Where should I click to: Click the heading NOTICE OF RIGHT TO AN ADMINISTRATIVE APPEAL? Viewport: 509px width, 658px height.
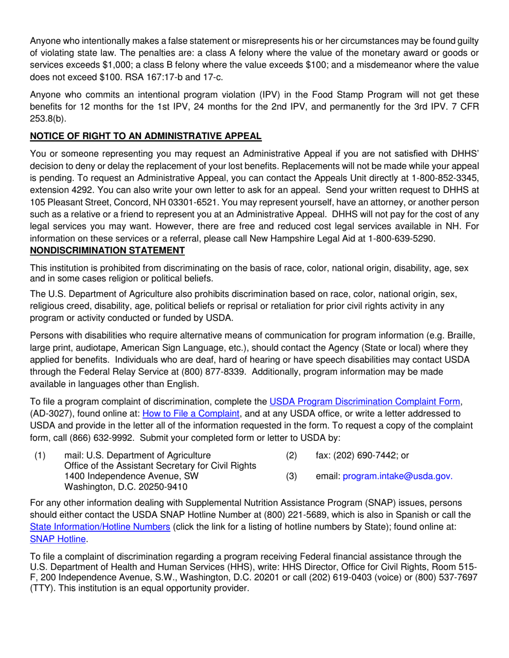click(146, 136)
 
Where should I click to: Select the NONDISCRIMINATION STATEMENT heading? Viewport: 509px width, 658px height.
click(107, 250)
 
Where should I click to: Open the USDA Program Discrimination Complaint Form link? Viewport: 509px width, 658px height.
click(364, 401)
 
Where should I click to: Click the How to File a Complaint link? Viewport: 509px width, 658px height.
click(191, 413)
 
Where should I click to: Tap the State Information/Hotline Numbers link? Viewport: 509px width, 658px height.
click(100, 526)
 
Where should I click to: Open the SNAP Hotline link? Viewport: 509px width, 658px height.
click(58, 539)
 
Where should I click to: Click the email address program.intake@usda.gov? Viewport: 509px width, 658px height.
click(398, 476)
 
